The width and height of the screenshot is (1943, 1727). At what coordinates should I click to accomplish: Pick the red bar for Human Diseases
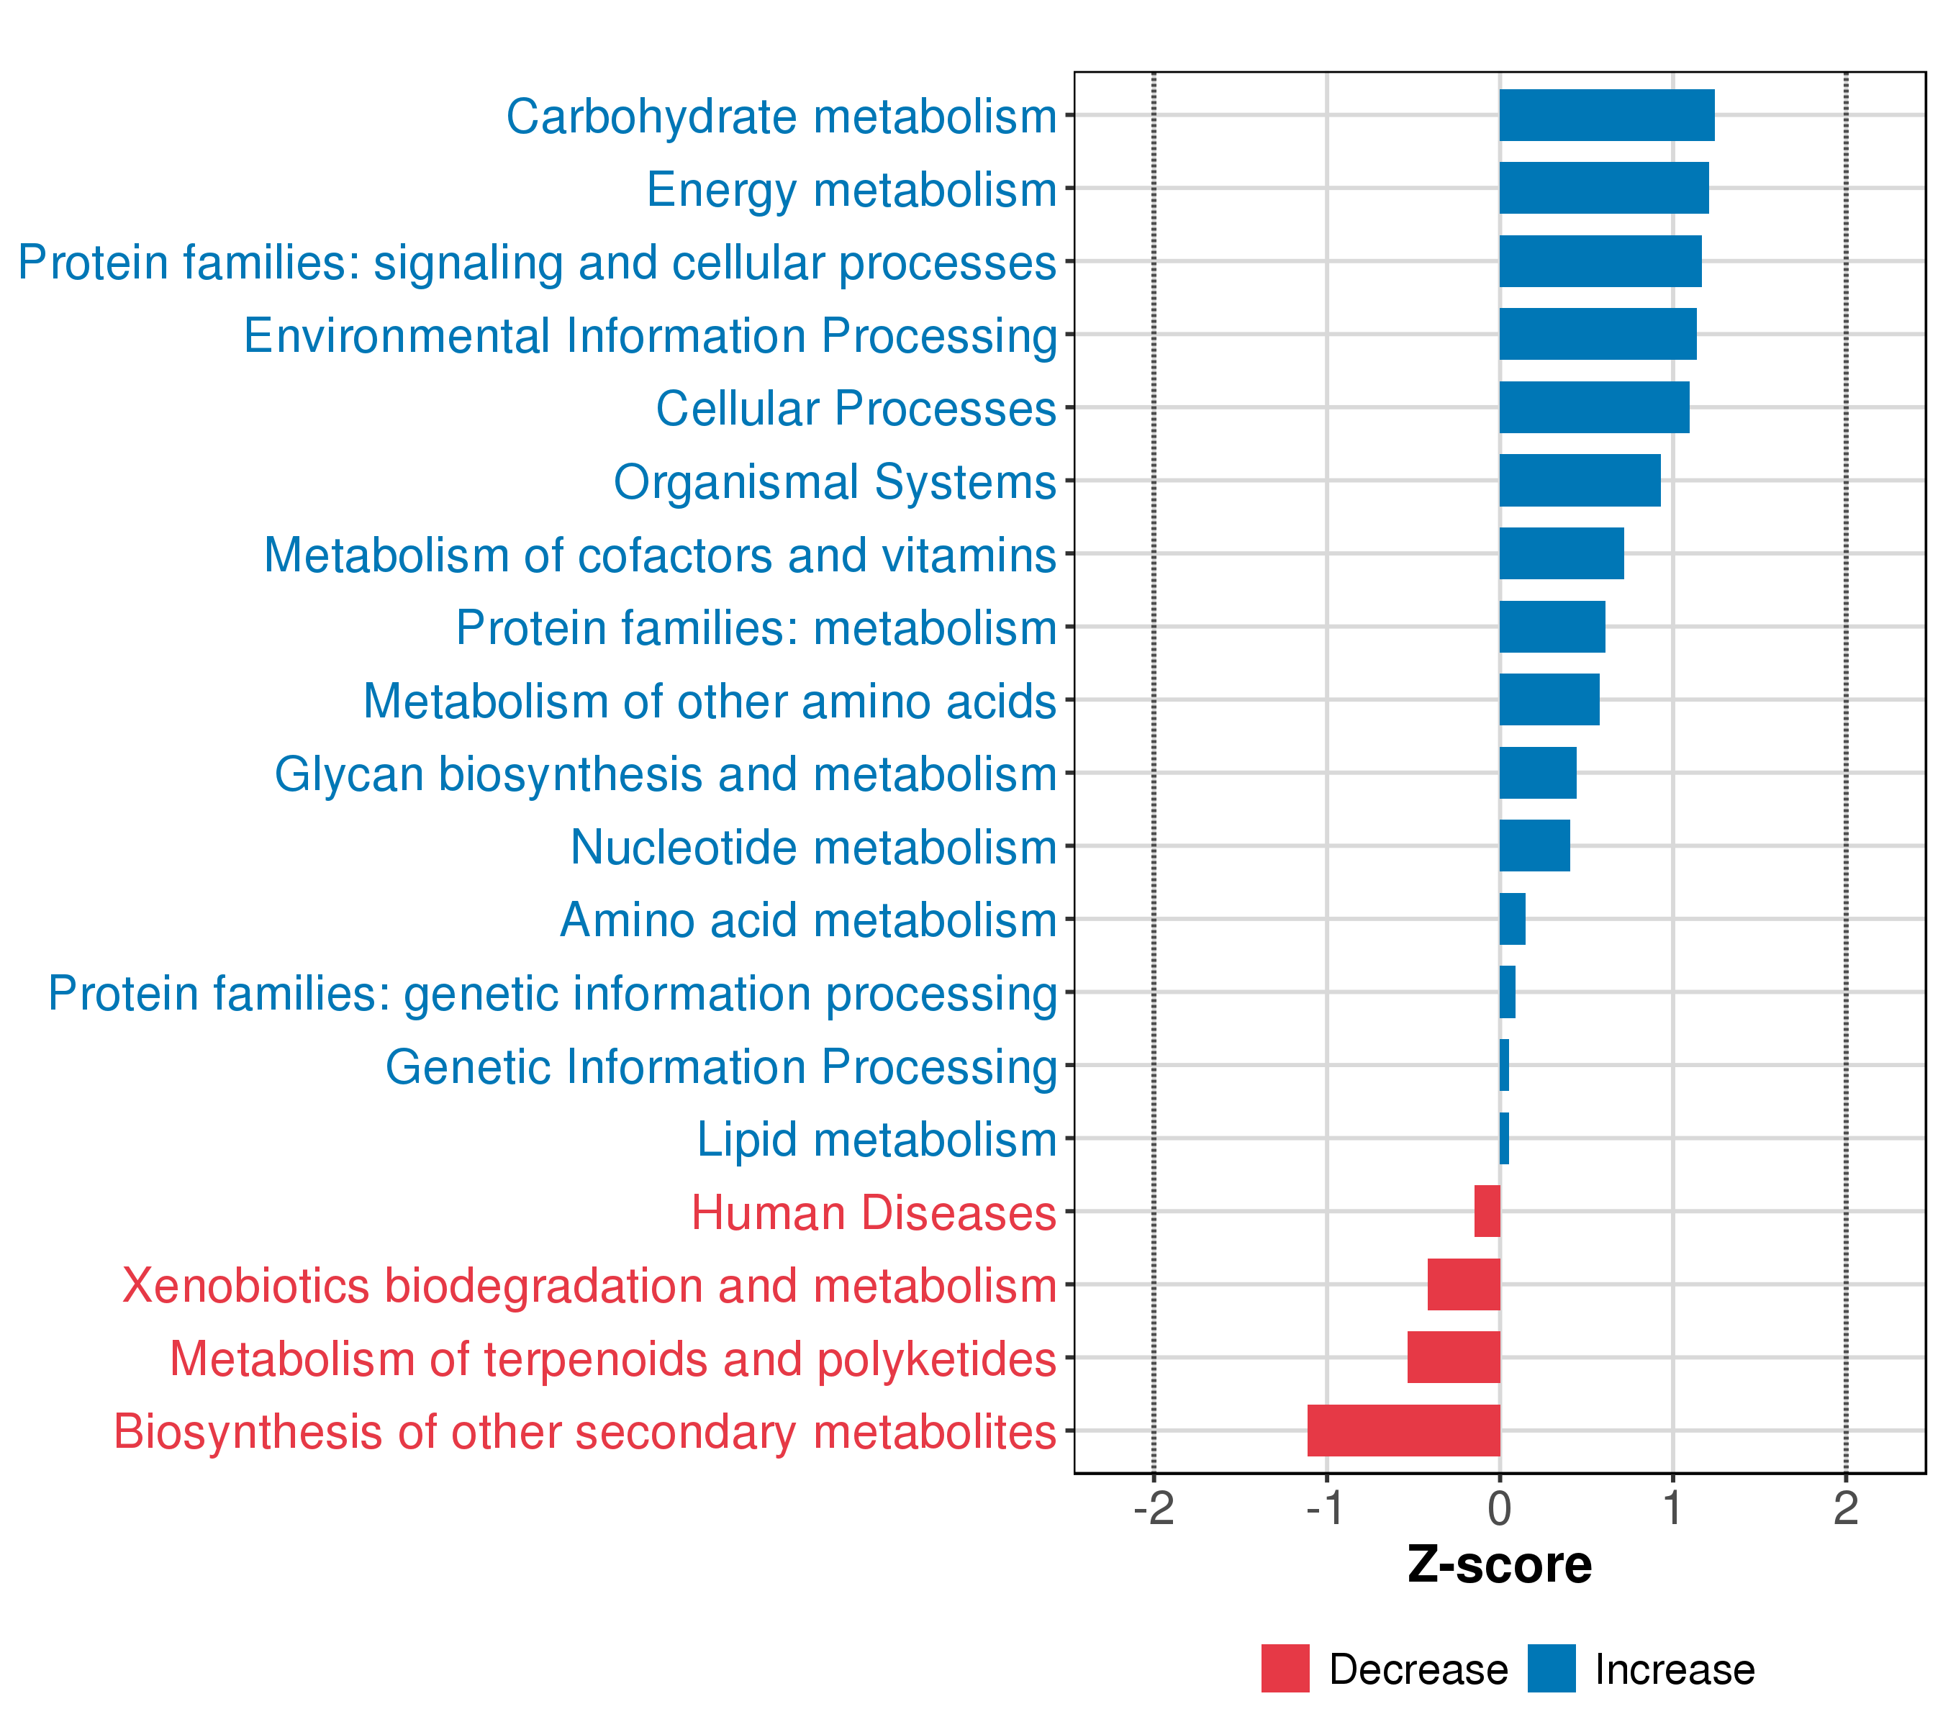point(1487,1211)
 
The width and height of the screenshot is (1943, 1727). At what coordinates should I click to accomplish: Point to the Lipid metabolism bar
point(1504,1138)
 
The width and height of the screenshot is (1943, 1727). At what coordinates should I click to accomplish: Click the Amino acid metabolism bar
point(1513,919)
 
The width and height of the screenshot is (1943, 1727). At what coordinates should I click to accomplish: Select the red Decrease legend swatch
point(1285,1668)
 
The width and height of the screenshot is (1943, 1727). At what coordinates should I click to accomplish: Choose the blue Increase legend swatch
point(1552,1668)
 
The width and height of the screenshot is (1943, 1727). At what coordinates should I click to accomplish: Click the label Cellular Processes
point(856,409)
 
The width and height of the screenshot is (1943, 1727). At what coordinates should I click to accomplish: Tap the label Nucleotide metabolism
point(812,847)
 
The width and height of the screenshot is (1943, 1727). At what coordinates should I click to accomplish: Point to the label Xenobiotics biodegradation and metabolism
point(589,1286)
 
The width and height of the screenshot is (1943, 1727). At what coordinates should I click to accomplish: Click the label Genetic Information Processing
point(720,1067)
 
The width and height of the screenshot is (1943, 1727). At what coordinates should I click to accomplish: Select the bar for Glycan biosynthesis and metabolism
point(1538,773)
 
